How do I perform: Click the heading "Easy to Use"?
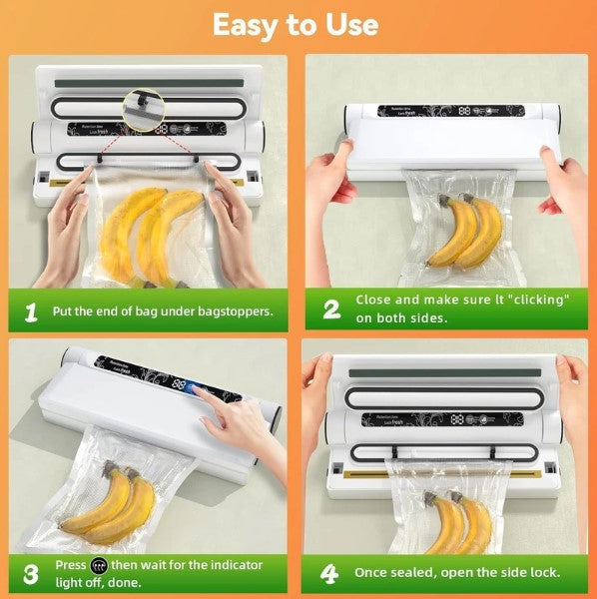pos(296,24)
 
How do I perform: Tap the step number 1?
pos(31,312)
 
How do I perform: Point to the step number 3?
pos(31,573)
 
